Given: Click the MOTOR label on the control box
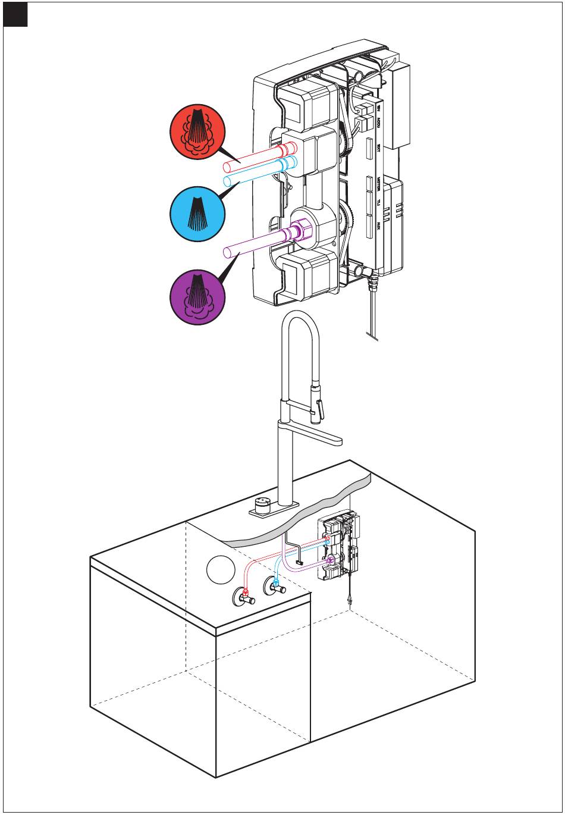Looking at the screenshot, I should coord(378,186).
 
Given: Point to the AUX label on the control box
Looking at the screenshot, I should coord(378,225).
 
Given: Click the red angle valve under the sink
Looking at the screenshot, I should coord(244,595).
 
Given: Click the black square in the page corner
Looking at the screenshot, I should coord(15,15).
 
